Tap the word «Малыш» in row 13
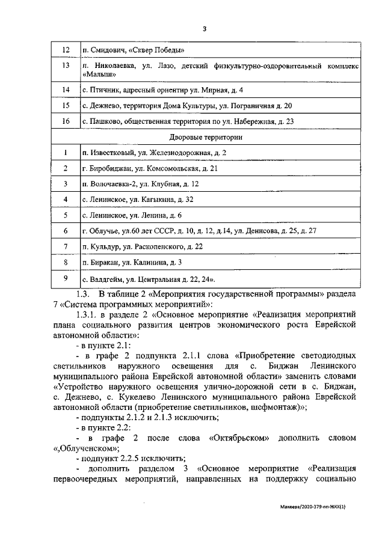click(x=97, y=74)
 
